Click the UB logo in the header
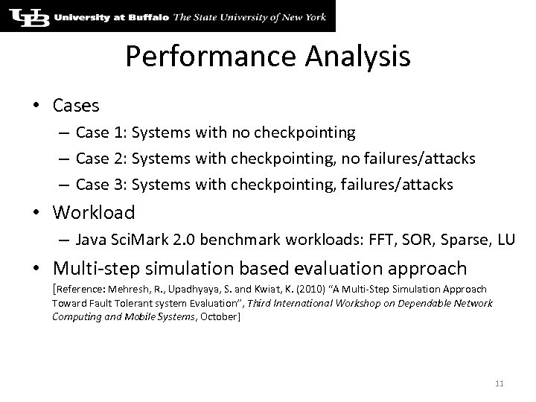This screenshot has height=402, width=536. [x=27, y=16]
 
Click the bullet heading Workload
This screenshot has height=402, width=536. [x=94, y=213]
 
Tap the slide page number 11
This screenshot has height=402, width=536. [x=499, y=384]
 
